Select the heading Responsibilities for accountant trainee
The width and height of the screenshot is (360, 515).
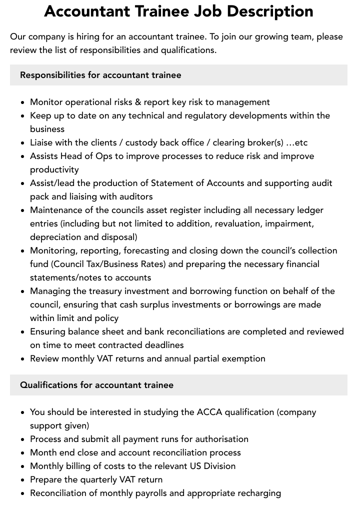click(x=100, y=75)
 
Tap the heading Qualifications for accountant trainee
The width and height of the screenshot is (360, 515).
click(x=97, y=385)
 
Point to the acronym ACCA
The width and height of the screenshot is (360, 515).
click(x=210, y=412)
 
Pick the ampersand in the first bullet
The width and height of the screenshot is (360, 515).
click(x=137, y=102)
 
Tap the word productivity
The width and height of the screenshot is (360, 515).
click(x=54, y=169)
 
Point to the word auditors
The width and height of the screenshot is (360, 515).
click(x=135, y=196)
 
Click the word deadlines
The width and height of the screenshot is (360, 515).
click(x=162, y=345)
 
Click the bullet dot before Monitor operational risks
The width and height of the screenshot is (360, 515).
click(x=23, y=102)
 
